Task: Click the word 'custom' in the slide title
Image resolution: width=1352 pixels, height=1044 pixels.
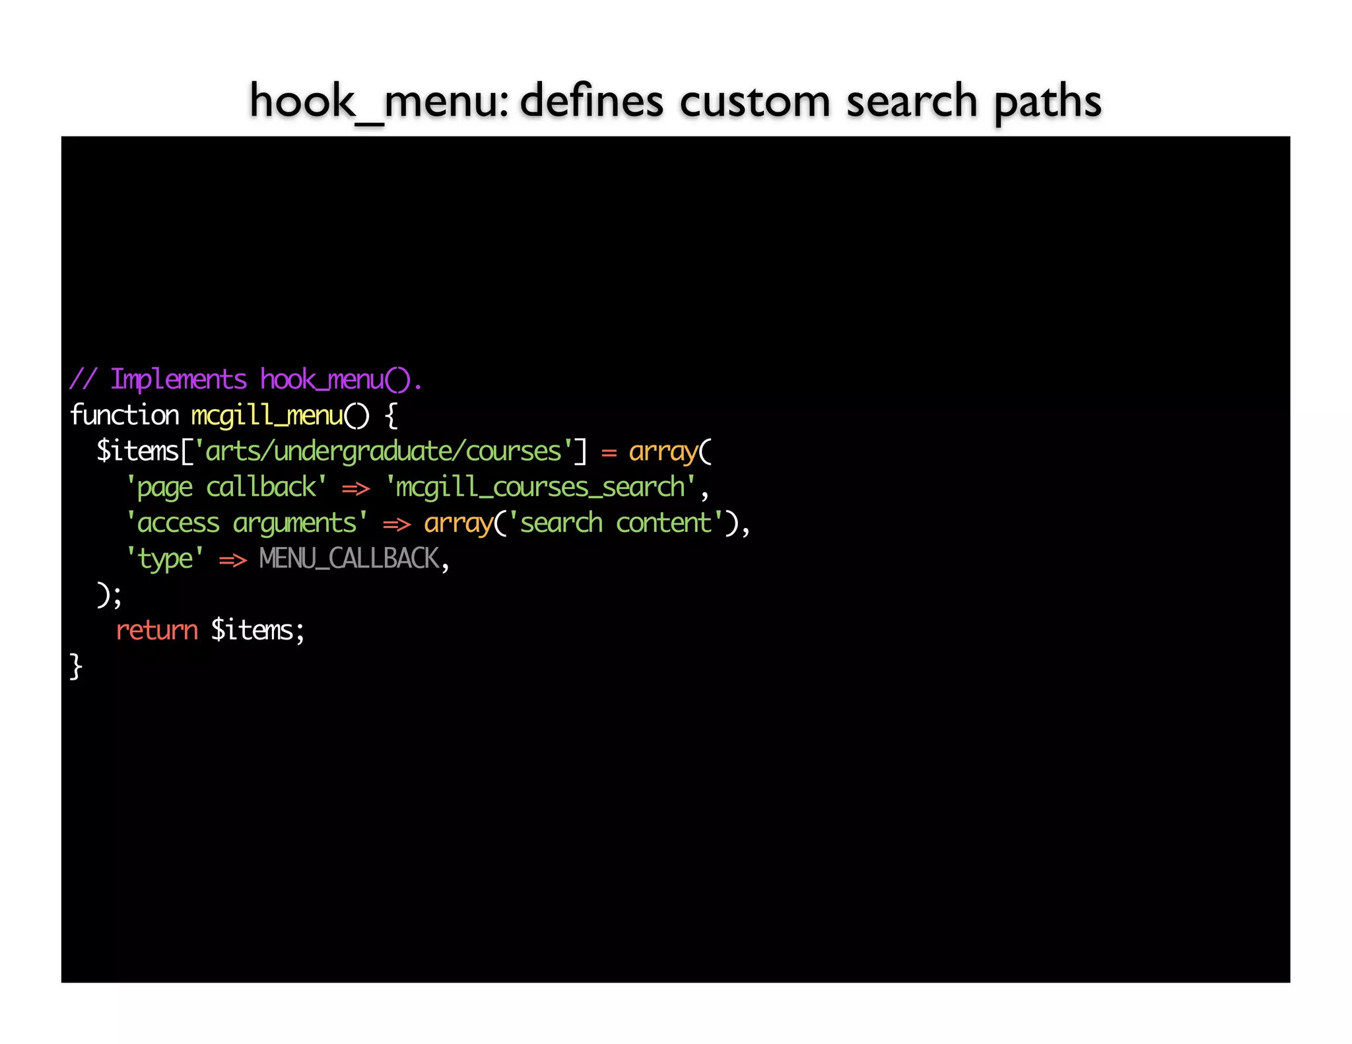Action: pos(754,102)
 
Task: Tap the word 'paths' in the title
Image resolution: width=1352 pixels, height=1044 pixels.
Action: pos(1047,102)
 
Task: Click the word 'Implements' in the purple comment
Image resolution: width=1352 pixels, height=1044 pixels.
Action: pos(178,380)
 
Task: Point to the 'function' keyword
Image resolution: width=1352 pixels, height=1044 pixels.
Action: pos(124,416)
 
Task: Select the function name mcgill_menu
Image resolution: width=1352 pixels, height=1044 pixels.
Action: pos(267,416)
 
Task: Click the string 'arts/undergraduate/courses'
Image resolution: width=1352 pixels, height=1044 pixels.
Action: pos(384,451)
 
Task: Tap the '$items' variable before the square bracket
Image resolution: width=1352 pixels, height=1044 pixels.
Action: pos(137,451)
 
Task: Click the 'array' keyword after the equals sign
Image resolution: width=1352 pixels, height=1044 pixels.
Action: pos(663,451)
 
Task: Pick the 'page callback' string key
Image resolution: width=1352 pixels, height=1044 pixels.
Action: pos(226,488)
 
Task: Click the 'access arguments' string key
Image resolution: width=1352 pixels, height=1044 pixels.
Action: pos(247,523)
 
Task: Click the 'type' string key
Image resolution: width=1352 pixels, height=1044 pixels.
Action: pos(165,560)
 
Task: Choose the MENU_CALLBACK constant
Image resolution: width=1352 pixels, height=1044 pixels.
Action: pos(349,559)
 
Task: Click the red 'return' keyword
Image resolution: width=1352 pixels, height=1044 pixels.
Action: pos(156,630)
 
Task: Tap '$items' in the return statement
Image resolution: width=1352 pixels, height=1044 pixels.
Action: pos(252,630)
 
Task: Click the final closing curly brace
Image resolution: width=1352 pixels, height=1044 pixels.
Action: pos(76,667)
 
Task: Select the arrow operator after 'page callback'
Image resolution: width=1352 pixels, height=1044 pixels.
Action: pos(356,489)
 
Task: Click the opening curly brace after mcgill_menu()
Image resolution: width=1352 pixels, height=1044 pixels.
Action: pos(391,416)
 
